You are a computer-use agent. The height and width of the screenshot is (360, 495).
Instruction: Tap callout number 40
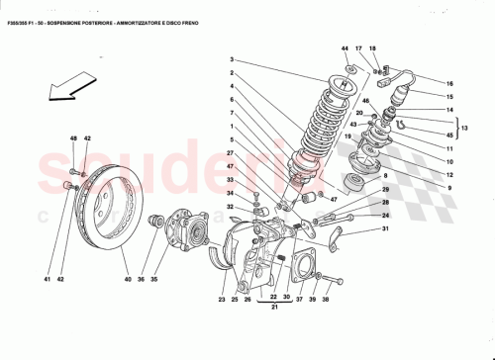coord(127,280)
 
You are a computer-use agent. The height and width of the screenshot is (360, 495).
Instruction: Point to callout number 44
coord(346,48)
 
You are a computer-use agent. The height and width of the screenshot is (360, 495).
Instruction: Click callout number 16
coord(448,84)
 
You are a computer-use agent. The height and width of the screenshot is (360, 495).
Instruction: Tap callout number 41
coord(46,280)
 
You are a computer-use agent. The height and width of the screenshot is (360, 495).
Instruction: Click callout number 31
coord(386,229)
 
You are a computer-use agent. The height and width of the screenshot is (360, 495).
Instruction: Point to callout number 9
coord(448,188)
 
